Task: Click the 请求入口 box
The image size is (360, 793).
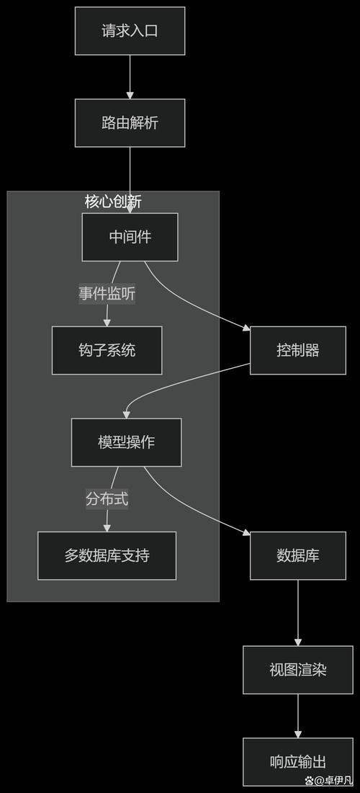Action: pyautogui.click(x=130, y=31)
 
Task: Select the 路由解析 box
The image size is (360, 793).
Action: pyautogui.click(x=130, y=122)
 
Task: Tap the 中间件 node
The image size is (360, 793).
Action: pyautogui.click(x=130, y=237)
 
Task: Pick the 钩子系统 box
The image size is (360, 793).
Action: pyautogui.click(x=107, y=350)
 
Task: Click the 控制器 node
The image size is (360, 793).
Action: pyautogui.click(x=297, y=350)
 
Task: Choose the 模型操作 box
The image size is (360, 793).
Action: pyautogui.click(x=126, y=442)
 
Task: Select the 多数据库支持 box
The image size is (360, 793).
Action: pyautogui.click(x=107, y=555)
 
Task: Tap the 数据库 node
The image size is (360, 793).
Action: pyautogui.click(x=297, y=555)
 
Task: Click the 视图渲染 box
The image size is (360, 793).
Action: pyautogui.click(x=297, y=670)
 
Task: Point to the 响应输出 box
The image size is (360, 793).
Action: pyautogui.click(x=297, y=761)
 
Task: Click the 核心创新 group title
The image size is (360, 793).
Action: pyautogui.click(x=113, y=202)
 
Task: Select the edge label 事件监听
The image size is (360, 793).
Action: pyautogui.click(x=107, y=294)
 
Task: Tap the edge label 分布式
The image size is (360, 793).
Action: pyautogui.click(x=107, y=498)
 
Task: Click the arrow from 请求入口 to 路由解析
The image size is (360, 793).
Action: pyautogui.click(x=130, y=75)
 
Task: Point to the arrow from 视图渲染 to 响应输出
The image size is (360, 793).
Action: pyautogui.click(x=297, y=714)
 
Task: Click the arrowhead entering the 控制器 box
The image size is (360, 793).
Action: pyautogui.click(x=246, y=328)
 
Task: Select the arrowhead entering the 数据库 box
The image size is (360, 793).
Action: pyautogui.click(x=246, y=534)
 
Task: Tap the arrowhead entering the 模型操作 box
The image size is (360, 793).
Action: pyautogui.click(x=127, y=414)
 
